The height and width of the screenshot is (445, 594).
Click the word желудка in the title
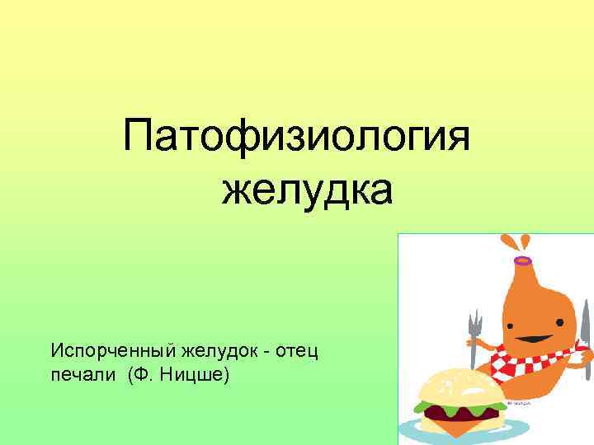pos(308,190)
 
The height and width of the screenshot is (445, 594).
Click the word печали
pos(84,377)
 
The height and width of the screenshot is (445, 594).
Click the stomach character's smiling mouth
pos(528,339)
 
